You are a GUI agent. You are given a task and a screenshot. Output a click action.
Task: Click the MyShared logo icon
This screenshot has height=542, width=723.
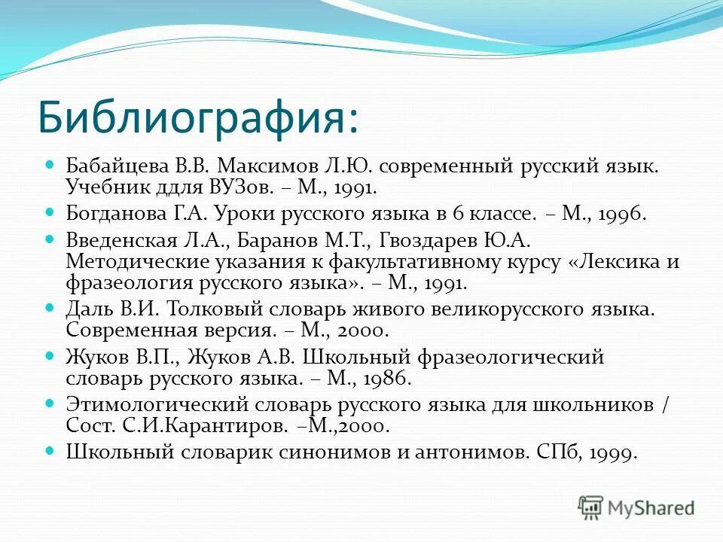click(x=590, y=507)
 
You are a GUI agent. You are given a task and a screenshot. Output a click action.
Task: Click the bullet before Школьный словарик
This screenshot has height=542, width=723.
click(x=51, y=451)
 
